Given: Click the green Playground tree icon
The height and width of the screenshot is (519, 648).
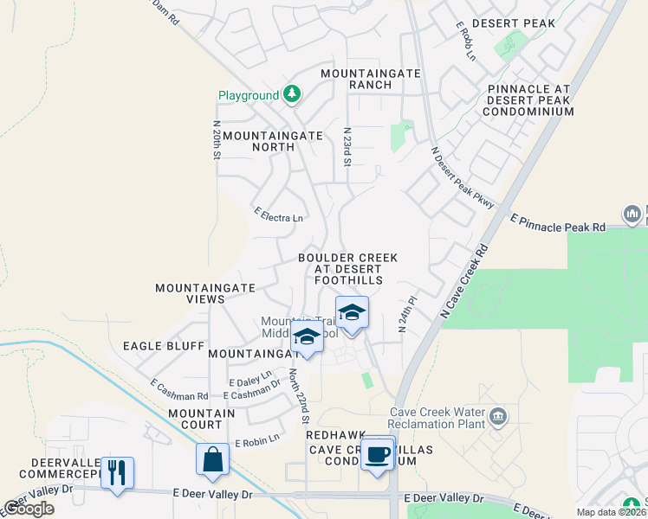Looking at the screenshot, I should click(x=292, y=94).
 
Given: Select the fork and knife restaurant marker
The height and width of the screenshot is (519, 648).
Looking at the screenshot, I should click(x=117, y=472).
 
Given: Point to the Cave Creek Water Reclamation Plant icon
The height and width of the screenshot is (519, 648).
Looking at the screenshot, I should click(x=498, y=419).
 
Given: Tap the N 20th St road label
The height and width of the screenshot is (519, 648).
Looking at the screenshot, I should click(x=217, y=139).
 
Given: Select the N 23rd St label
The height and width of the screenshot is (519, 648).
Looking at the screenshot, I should click(x=347, y=144).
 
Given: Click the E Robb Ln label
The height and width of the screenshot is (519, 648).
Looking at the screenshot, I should click(x=465, y=41).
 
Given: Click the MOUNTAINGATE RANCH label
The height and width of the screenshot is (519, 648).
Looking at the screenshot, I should click(x=371, y=79).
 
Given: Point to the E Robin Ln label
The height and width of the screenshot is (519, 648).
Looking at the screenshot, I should click(x=256, y=440).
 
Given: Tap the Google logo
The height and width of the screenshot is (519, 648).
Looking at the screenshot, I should click(x=29, y=509).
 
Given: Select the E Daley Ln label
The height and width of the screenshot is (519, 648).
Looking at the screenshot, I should click(x=249, y=381).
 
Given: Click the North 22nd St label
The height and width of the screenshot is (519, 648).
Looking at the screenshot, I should click(x=299, y=395).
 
